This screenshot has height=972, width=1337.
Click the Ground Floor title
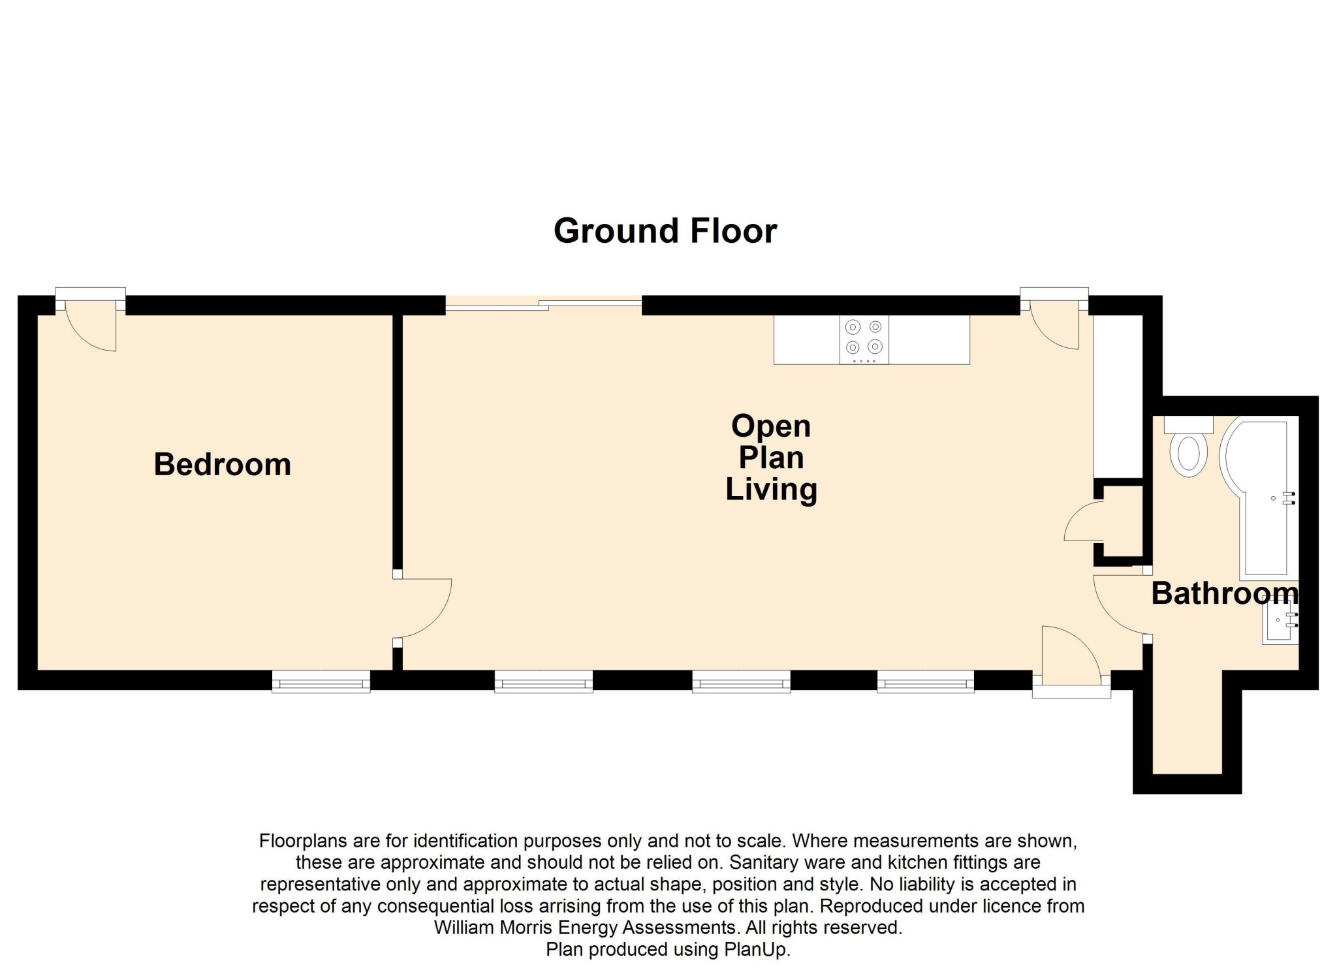pyautogui.click(x=665, y=231)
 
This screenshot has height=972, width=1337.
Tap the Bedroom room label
pyautogui.click(x=223, y=465)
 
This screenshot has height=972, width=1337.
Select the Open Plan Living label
pyautogui.click(x=771, y=458)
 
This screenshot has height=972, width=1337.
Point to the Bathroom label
pyautogui.click(x=1225, y=593)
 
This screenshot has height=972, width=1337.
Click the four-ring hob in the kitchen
pyautogui.click(x=864, y=339)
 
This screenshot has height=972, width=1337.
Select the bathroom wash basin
pyautogui.click(x=1280, y=621)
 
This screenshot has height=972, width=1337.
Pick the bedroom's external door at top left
pyautogui.click(x=91, y=322)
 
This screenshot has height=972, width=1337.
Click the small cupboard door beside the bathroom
pyautogui.click(x=1084, y=522)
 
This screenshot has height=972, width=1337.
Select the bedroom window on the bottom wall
pyautogui.click(x=321, y=682)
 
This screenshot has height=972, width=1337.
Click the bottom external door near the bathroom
pyautogui.click(x=1071, y=660)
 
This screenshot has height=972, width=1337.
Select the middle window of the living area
pyautogui.click(x=741, y=682)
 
